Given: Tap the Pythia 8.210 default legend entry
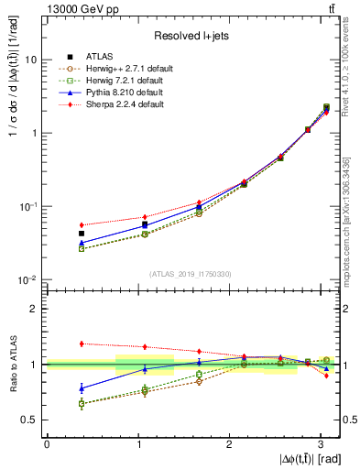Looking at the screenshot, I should tap(120, 93).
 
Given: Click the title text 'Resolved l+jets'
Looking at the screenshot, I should tap(191, 36).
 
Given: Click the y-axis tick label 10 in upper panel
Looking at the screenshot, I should tap(31, 60).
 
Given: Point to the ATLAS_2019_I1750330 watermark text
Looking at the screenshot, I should tap(191, 273).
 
